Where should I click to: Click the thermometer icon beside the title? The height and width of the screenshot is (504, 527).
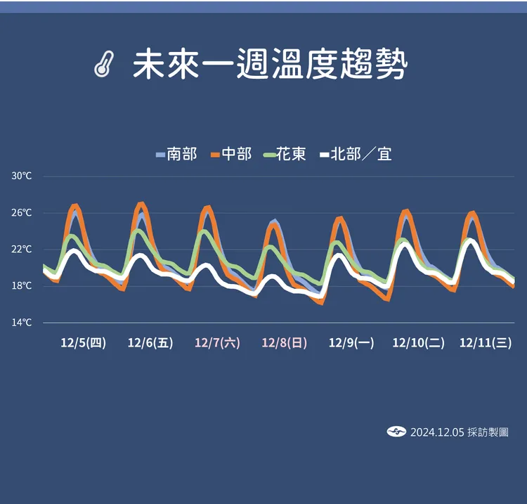pos(103,65)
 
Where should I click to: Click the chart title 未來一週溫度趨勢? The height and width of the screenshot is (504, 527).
pos(270,65)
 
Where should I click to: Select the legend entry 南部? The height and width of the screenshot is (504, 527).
pos(176,154)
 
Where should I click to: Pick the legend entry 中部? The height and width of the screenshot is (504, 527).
pos(230,154)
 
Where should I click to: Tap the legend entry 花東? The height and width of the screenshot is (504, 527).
pos(285,154)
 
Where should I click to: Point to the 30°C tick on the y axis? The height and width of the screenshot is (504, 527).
pos(22,176)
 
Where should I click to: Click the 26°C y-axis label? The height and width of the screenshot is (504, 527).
pos(22,213)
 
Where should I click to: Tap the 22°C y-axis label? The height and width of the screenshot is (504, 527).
pos(22,250)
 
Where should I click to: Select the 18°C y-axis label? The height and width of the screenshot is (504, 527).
pos(22,286)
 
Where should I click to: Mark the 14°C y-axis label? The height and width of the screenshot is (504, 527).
pos(22,323)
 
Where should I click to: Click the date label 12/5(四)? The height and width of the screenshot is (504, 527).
pos(83,343)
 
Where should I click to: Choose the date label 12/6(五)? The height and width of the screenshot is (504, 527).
pos(150,343)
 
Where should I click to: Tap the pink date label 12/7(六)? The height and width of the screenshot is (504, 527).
pos(217,343)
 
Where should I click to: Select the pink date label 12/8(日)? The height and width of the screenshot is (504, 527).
pos(285,343)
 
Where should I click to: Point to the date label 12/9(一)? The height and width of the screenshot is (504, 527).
pos(351,343)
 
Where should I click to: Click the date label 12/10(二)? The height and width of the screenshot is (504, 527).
pos(418,343)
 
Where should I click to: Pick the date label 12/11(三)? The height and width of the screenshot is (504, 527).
pos(485,343)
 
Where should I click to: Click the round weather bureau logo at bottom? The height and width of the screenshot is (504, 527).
pos(396,432)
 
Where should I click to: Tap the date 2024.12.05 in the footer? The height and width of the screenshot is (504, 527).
pos(437,432)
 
